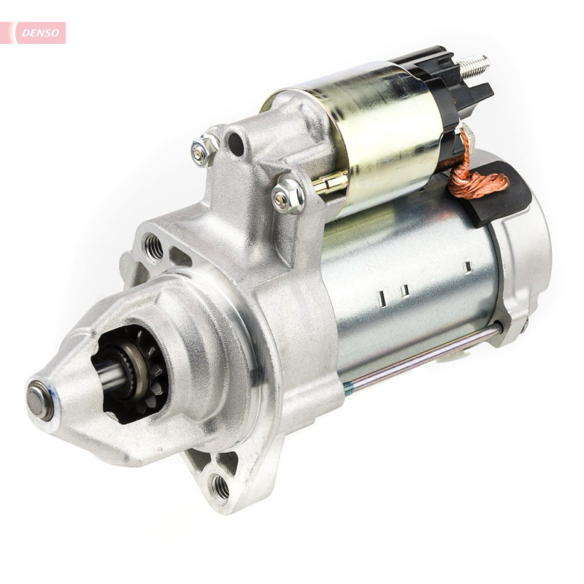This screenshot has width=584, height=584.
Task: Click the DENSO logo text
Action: [40, 33]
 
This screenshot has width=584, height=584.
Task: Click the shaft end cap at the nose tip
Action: [40, 401]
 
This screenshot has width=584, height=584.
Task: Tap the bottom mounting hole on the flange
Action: [220, 486]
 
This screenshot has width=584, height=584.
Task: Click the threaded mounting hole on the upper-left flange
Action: [153, 246]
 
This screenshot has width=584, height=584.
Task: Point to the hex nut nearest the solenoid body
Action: [288, 196]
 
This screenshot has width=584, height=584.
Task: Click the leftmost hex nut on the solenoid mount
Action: [205, 148]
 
